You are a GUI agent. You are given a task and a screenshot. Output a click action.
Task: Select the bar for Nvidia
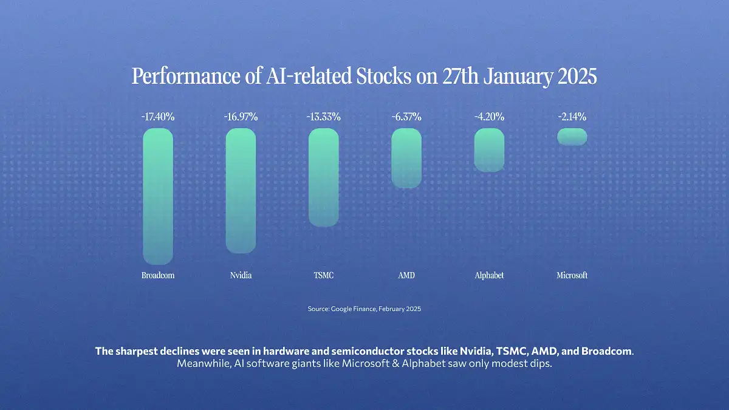241,191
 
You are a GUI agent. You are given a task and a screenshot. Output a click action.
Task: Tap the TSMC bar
323,177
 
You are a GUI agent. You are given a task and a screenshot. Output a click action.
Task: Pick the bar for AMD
406,158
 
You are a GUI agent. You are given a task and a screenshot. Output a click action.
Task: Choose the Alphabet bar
489,149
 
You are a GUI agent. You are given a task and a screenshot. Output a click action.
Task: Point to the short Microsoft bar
572,137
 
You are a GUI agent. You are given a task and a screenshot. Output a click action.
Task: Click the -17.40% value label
158,117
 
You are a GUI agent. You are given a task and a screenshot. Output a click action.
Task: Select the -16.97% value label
241,117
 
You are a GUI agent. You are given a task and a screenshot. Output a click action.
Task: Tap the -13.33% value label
323,117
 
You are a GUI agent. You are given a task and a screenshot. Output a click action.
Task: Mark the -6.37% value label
406,117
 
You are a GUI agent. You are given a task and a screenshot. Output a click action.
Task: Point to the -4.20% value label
489,117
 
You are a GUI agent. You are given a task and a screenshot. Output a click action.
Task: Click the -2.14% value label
572,117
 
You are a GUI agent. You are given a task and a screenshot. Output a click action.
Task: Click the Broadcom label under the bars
158,276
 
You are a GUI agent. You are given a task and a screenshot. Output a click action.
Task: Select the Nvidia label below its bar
241,276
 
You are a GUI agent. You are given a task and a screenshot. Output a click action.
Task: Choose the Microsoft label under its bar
572,276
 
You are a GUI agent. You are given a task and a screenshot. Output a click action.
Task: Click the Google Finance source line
364,309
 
